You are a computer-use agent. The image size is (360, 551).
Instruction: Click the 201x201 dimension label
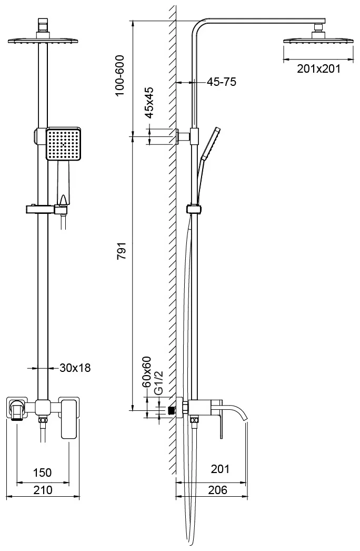coord(318,68)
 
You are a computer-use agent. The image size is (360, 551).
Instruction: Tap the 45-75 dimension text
coord(221,82)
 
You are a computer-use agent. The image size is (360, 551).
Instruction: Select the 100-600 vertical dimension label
coord(120,75)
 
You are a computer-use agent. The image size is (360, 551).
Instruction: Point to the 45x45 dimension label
coord(149,103)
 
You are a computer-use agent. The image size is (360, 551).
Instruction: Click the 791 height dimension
coord(122,251)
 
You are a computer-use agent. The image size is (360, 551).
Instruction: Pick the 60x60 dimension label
coord(146,371)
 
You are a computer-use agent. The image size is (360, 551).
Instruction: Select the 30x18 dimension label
coord(75,368)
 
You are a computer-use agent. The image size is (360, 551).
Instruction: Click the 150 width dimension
coord(42,473)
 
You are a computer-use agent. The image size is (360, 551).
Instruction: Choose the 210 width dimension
coord(43,490)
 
